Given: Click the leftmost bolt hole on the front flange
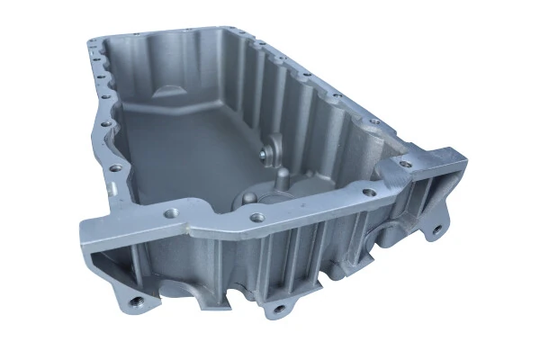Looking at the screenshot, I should (170, 213).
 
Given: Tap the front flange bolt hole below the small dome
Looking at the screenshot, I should (258, 217).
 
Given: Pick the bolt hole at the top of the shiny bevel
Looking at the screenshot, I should (402, 165).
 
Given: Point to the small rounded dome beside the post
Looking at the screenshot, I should (248, 195).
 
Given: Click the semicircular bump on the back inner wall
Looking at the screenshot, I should (171, 90).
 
